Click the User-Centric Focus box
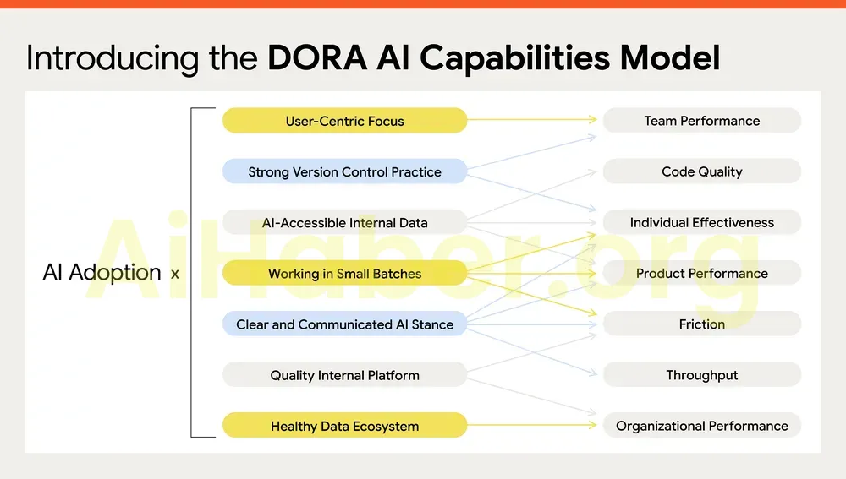tap(344, 121)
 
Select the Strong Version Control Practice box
tap(344, 171)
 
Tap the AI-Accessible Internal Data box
tap(344, 223)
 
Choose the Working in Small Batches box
tap(344, 274)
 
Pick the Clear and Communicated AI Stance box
tap(344, 324)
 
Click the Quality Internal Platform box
tap(344, 375)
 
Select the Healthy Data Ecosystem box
tap(344, 426)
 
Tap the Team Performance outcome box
tap(701, 121)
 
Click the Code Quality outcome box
tap(701, 171)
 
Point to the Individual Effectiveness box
tap(701, 223)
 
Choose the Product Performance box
tap(701, 274)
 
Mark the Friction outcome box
tap(701, 324)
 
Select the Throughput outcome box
tap(701, 375)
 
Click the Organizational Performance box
tap(701, 426)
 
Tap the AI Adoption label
tap(102, 273)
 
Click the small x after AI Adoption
tap(175, 274)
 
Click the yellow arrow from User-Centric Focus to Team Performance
tap(533, 120)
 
